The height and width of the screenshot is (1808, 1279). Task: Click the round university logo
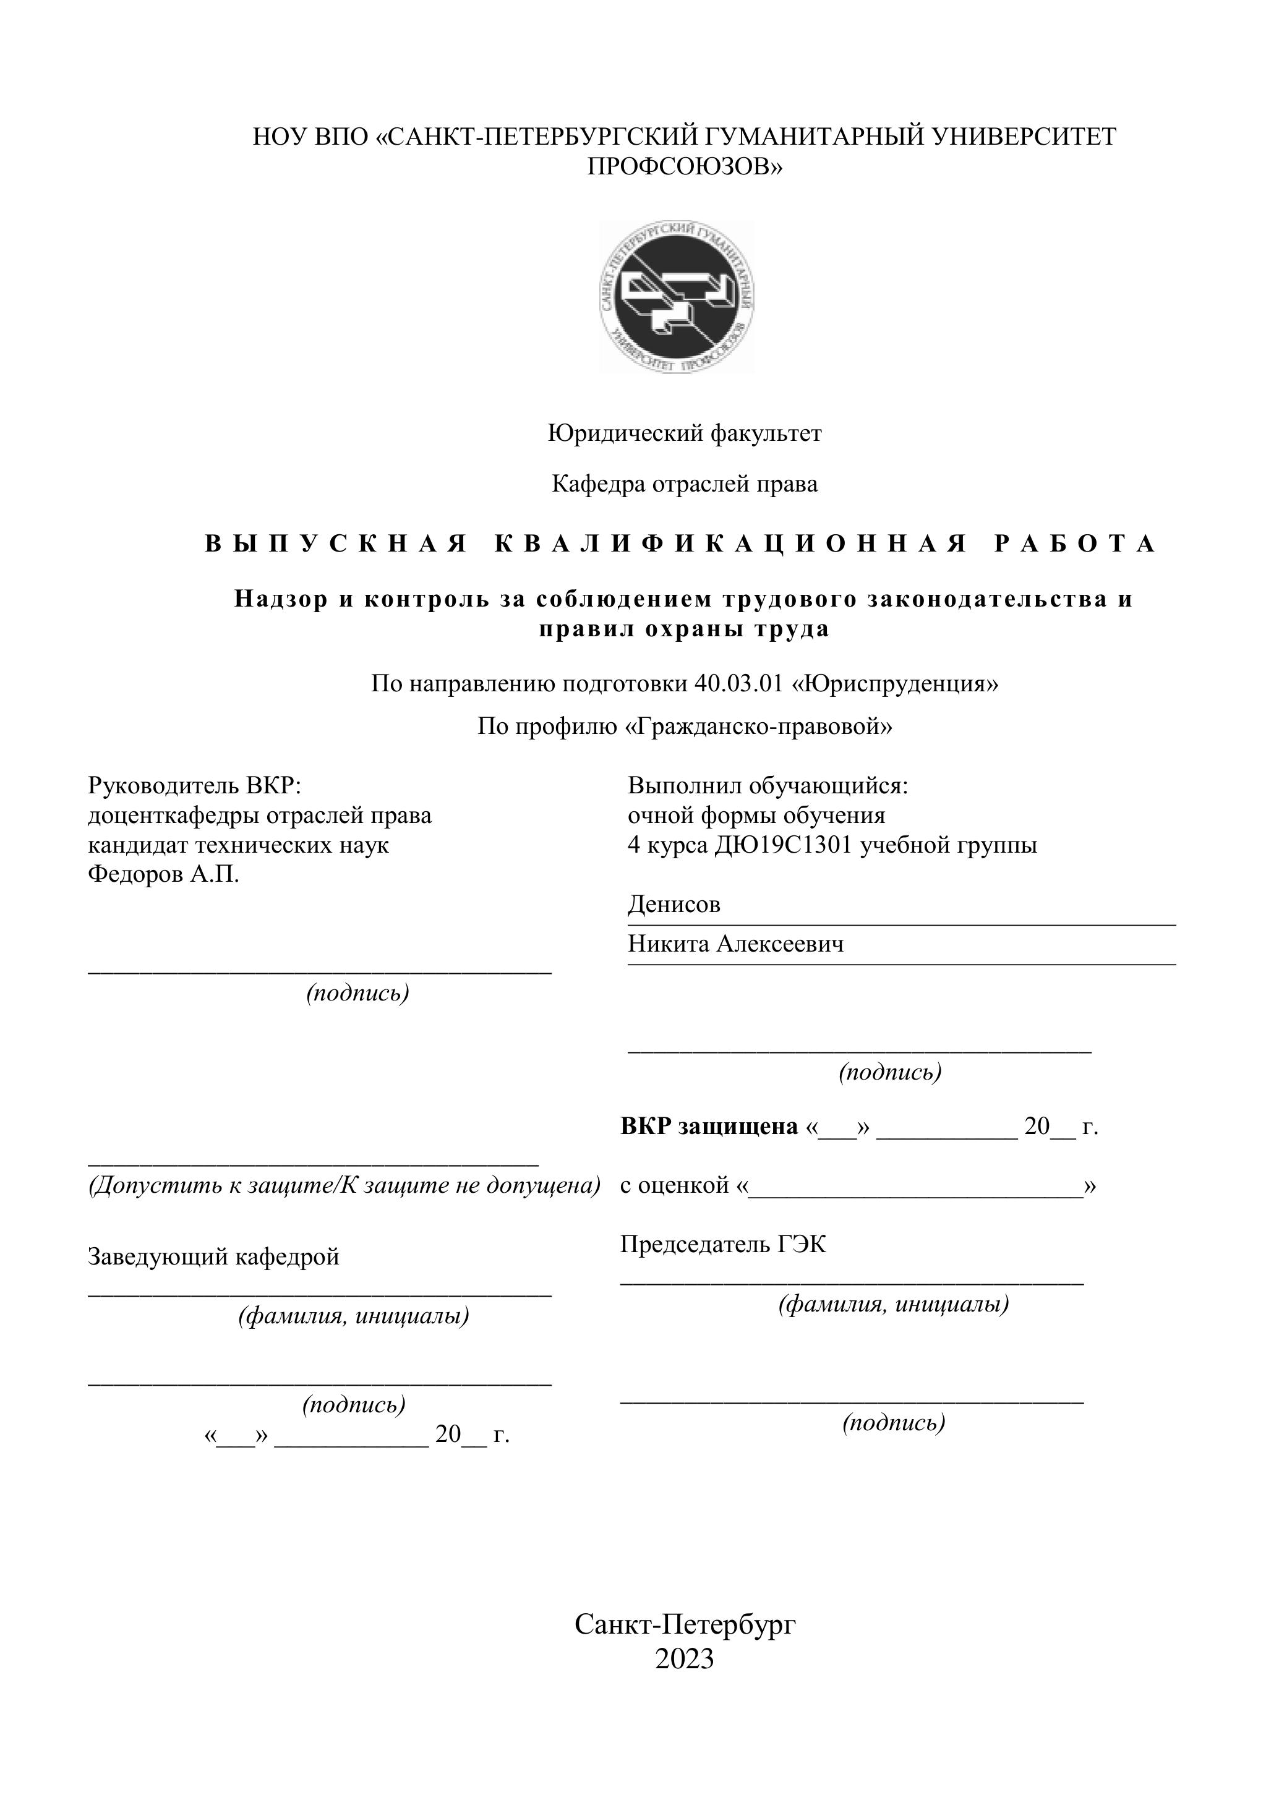point(676,297)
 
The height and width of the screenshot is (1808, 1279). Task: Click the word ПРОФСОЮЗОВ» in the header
point(685,167)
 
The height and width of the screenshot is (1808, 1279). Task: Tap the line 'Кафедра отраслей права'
point(685,484)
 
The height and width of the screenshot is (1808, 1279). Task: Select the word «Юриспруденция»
point(895,683)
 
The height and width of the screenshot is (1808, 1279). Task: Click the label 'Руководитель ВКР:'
point(195,785)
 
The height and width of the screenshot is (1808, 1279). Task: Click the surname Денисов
point(674,904)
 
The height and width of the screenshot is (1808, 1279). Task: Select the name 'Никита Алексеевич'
point(735,944)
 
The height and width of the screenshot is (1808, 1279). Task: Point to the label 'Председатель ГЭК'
point(723,1244)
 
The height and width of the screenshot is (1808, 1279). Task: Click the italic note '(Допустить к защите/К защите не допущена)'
point(344,1185)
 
